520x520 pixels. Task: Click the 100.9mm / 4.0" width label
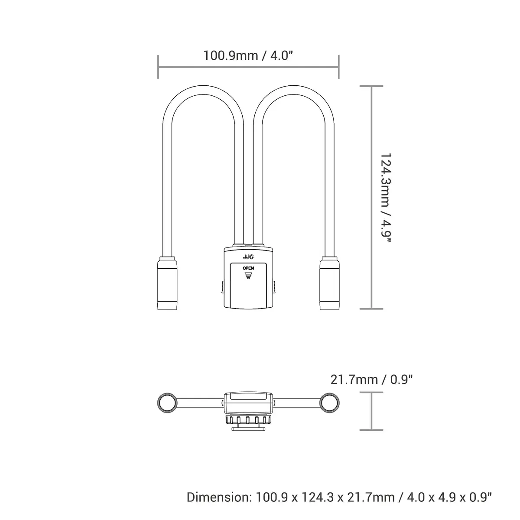pyautogui.click(x=248, y=55)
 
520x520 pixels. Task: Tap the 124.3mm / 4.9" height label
pyautogui.click(x=385, y=199)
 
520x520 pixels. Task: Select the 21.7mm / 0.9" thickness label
pyautogui.click(x=371, y=380)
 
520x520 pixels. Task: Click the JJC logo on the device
pyautogui.click(x=248, y=257)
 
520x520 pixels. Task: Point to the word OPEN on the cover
pyautogui.click(x=248, y=268)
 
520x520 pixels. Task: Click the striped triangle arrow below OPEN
pyautogui.click(x=248, y=276)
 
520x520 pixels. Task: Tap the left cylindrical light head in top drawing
pyautogui.click(x=167, y=283)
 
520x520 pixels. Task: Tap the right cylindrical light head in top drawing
pyautogui.click(x=329, y=283)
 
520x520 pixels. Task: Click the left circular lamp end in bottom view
pyautogui.click(x=167, y=403)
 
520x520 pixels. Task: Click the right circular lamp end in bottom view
pyautogui.click(x=329, y=403)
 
